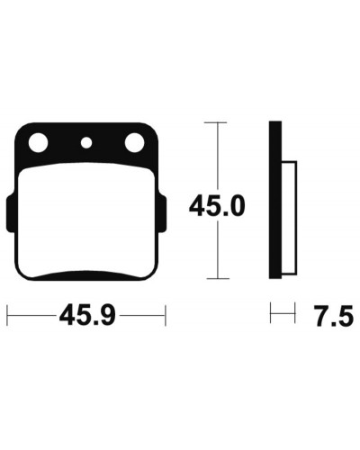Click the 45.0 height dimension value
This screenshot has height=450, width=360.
pos(217,206)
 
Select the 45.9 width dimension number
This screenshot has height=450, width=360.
pos(87,315)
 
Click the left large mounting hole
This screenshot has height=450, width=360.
pos(38,142)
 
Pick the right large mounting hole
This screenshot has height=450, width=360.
pos(134,142)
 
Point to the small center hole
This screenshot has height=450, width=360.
pos(86,142)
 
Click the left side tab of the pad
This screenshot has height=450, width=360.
pos(10,213)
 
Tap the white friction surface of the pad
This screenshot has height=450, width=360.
pos(86,220)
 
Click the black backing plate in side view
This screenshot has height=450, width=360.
pos(275,200)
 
